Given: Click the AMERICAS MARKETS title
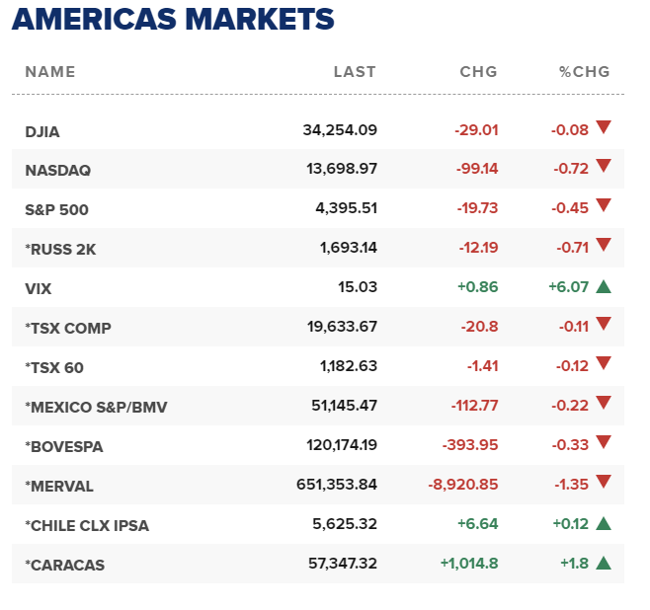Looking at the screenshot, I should click(x=173, y=20).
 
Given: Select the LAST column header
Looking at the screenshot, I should click(x=355, y=72).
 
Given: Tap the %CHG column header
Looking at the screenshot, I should click(x=585, y=72).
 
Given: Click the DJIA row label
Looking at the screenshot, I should click(x=42, y=130).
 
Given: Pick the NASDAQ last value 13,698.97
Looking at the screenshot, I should click(x=342, y=169).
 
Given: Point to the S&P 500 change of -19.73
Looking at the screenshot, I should click(x=477, y=208).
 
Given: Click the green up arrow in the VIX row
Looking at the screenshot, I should click(x=604, y=286).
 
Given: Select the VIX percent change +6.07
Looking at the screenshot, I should click(x=569, y=287).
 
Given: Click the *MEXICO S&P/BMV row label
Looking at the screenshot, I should click(x=96, y=407).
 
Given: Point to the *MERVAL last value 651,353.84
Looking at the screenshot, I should click(x=337, y=486).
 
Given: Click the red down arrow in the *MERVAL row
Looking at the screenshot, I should click(x=604, y=483).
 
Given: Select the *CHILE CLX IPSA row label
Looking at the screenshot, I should click(x=87, y=525).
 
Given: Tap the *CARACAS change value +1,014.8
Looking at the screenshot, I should click(x=469, y=565).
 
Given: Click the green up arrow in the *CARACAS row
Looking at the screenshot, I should click(x=604, y=563).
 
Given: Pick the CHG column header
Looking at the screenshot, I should click(x=479, y=72).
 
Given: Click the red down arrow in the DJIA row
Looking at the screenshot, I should click(x=604, y=127).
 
